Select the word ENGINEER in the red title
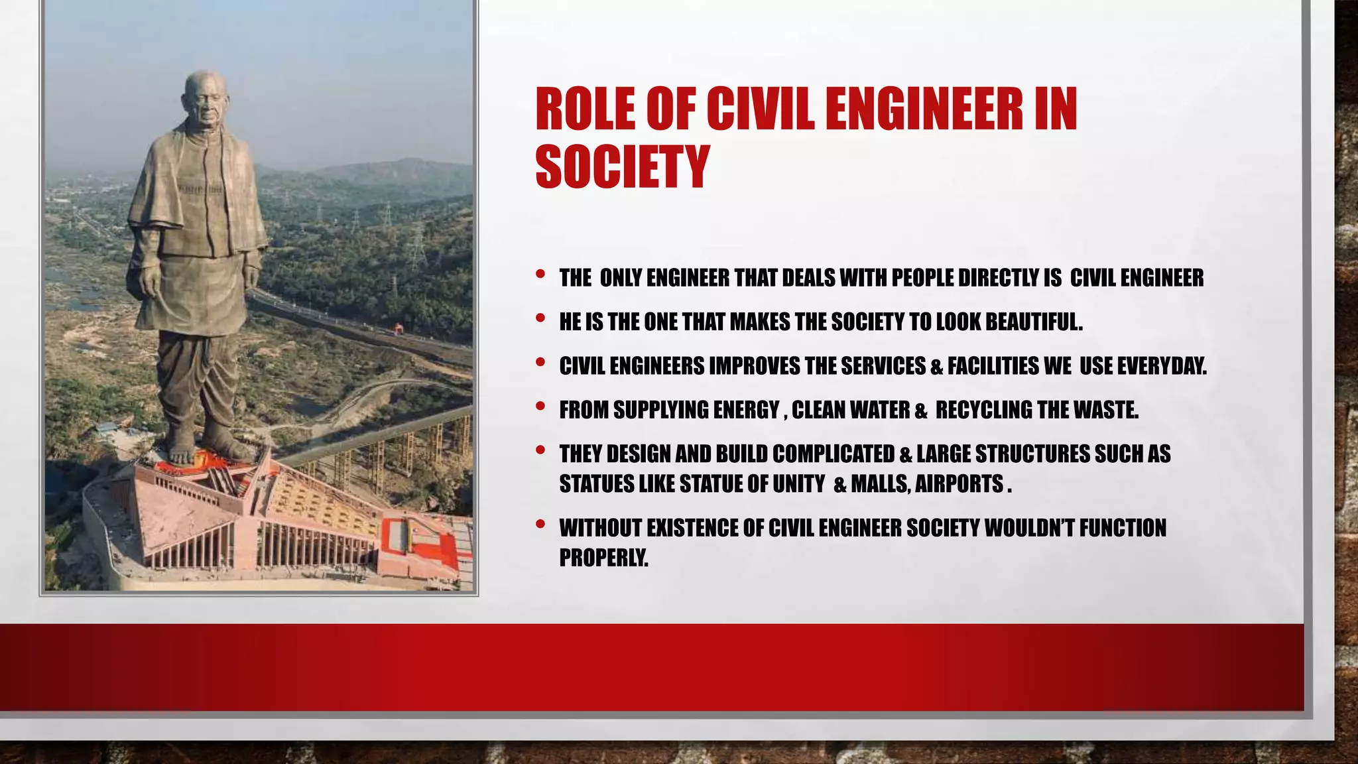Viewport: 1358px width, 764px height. click(924, 109)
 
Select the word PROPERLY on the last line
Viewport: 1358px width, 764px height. click(603, 558)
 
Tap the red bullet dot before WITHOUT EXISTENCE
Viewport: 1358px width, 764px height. click(540, 524)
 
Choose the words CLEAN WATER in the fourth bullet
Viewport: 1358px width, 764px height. click(851, 411)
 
